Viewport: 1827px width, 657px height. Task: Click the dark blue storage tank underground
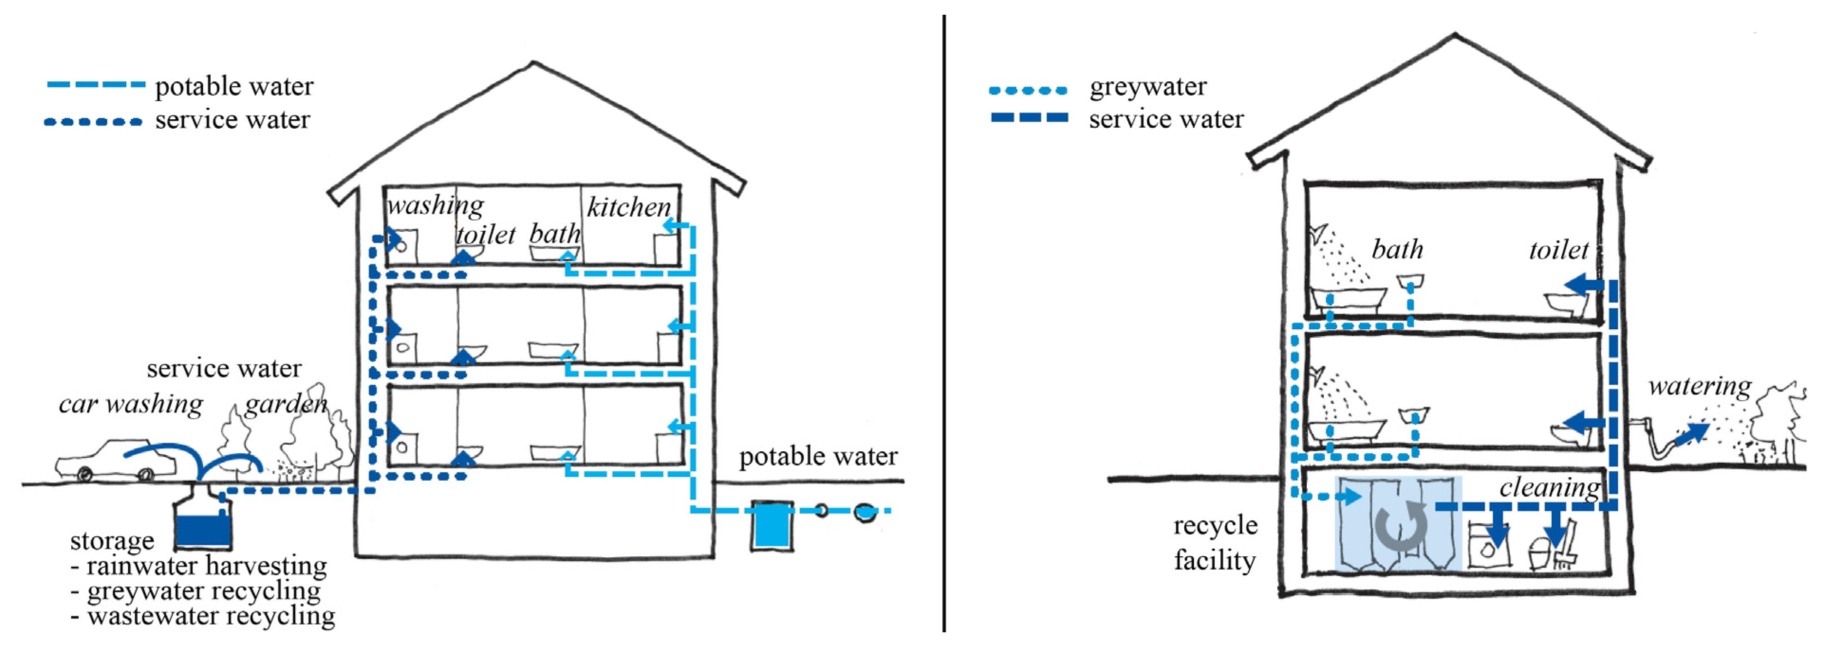204,529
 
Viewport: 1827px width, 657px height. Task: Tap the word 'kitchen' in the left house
628,207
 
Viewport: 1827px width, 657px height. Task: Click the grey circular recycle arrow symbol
1400,526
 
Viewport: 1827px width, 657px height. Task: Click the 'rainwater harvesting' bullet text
206,565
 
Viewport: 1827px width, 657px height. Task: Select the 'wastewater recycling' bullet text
211,615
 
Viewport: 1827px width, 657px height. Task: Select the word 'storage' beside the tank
112,541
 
